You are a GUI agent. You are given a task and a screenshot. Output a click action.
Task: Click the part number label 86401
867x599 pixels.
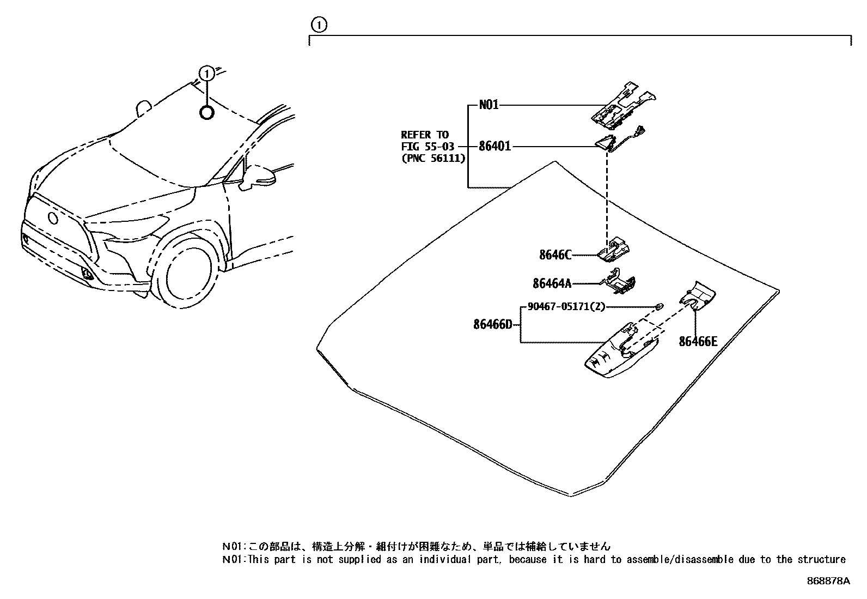coord(494,147)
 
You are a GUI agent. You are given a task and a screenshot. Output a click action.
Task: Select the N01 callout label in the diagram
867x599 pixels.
coord(489,105)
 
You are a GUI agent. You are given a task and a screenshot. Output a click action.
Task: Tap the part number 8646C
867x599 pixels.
coord(555,255)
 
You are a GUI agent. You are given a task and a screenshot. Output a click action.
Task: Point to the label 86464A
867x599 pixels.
coord(552,283)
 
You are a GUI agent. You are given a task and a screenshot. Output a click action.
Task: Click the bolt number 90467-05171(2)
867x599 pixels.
coord(566,307)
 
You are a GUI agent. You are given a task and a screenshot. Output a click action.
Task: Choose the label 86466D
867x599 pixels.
coord(493,325)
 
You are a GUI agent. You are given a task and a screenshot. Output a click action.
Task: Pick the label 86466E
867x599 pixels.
coord(698,342)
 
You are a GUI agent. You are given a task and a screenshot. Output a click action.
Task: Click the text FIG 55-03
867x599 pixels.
coord(427,147)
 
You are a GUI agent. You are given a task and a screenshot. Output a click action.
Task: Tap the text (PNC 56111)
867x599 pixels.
coord(433,158)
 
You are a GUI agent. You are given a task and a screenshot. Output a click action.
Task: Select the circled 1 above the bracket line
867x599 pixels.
coord(319,25)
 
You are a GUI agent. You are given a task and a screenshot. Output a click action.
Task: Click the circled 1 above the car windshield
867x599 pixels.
coord(206,73)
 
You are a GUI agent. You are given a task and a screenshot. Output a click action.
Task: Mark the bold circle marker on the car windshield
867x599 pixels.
coord(207,113)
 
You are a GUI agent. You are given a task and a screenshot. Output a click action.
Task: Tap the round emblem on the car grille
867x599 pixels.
coord(53,217)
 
